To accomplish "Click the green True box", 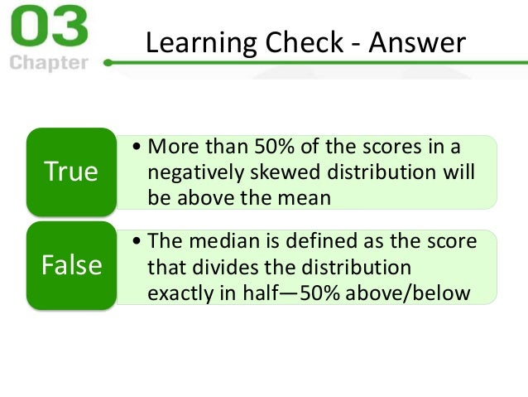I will [70, 171].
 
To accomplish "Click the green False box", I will [70, 266].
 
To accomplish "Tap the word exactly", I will [179, 293].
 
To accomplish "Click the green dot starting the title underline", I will [108, 61].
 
